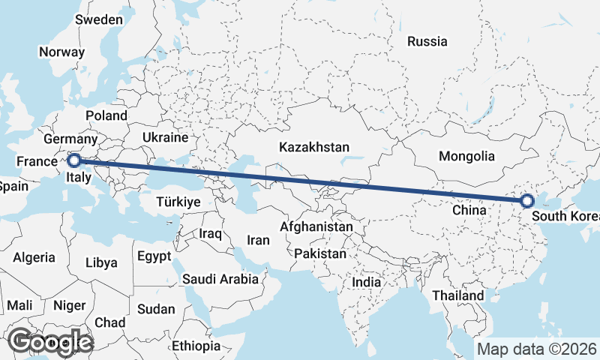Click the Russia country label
(x=427, y=41)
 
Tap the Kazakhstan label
(x=313, y=147)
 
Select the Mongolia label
(x=468, y=157)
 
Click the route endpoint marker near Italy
(x=74, y=160)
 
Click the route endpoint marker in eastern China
(x=526, y=200)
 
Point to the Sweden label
(x=99, y=19)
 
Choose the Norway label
(x=61, y=52)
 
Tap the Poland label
(x=106, y=115)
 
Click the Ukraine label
(x=164, y=138)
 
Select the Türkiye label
(x=178, y=202)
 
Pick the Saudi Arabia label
(x=220, y=279)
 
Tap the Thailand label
(x=457, y=295)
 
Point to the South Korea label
(x=565, y=217)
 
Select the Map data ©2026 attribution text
(x=536, y=349)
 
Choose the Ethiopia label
(x=196, y=346)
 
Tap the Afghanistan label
(x=316, y=226)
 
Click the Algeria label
(x=34, y=257)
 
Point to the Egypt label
(x=155, y=256)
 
